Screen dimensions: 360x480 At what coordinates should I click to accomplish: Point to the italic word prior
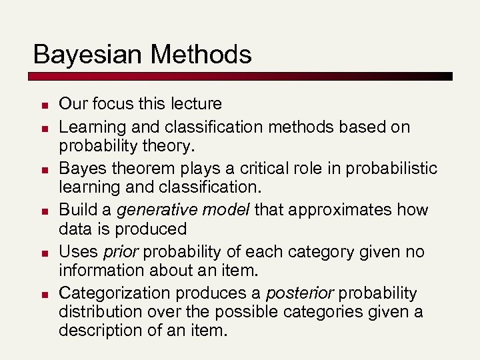(x=121, y=252)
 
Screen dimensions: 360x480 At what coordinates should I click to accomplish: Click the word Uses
(x=79, y=252)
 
